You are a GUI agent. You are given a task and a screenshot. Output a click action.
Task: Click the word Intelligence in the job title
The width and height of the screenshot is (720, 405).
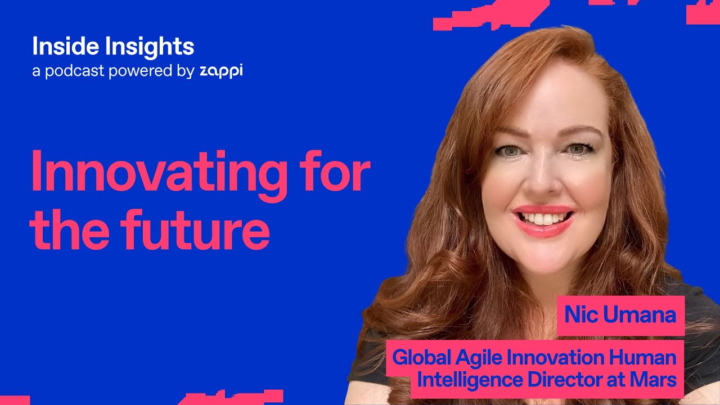pyautogui.click(x=469, y=380)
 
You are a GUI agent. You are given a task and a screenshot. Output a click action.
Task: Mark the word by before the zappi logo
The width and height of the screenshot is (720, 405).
pyautogui.click(x=186, y=72)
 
